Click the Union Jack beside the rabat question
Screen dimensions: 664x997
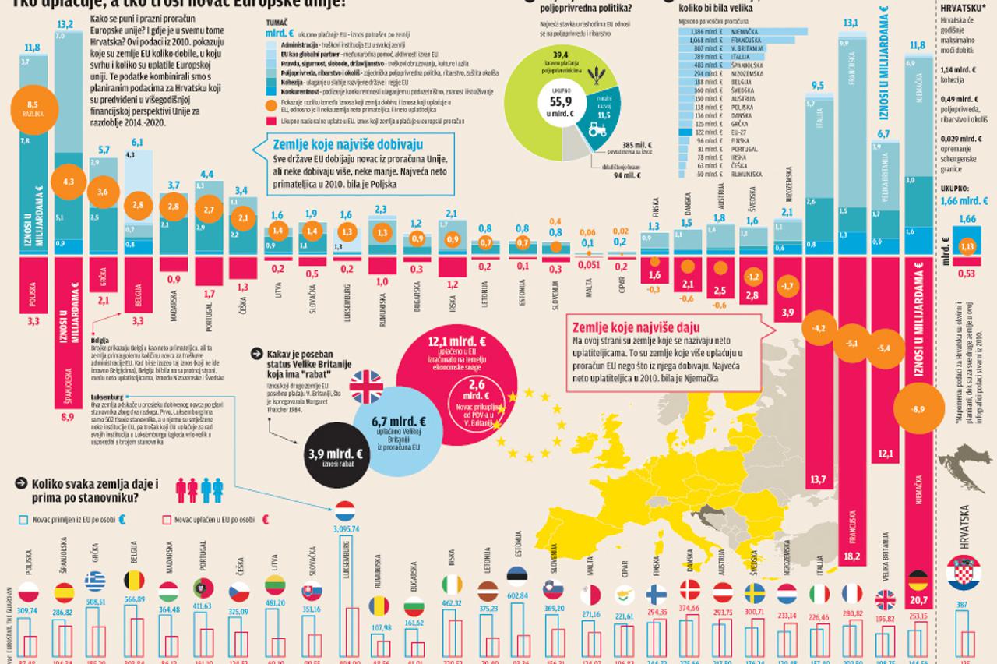pos(365,384)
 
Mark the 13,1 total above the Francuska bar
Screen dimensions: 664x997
pos(851,23)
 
